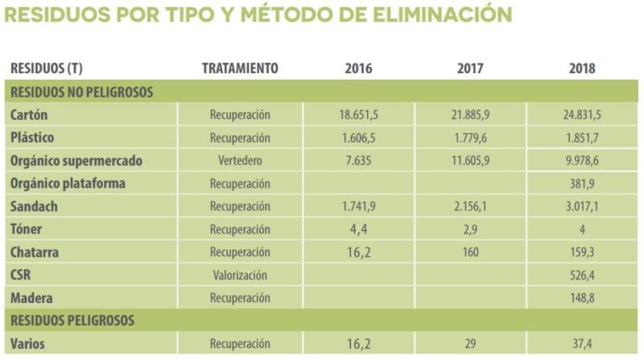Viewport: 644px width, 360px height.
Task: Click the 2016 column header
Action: [358, 68]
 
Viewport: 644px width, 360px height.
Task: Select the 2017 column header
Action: [470, 68]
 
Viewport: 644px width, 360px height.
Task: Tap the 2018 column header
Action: [580, 68]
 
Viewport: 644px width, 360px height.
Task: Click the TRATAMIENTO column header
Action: [240, 68]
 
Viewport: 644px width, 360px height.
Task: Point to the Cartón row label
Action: [30, 115]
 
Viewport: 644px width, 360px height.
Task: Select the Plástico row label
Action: [33, 138]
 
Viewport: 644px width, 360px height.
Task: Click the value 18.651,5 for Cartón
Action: [358, 115]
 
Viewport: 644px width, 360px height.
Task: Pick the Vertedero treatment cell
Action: [240, 161]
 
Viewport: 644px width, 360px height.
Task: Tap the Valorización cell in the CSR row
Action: [240, 275]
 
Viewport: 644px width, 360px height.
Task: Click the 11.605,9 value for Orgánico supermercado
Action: [470, 161]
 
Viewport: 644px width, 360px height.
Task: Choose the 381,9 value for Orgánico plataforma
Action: [580, 184]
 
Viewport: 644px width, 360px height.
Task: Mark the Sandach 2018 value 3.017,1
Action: [580, 207]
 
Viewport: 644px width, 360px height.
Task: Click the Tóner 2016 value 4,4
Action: [358, 230]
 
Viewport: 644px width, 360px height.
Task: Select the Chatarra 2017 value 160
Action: [470, 253]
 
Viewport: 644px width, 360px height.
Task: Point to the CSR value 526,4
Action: [580, 275]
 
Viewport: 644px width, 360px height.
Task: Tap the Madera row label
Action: [31, 299]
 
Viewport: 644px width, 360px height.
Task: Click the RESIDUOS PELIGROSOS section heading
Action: [72, 321]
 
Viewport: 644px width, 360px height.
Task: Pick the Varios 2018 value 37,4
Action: [580, 344]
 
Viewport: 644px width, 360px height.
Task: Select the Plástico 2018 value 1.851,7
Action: [580, 138]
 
